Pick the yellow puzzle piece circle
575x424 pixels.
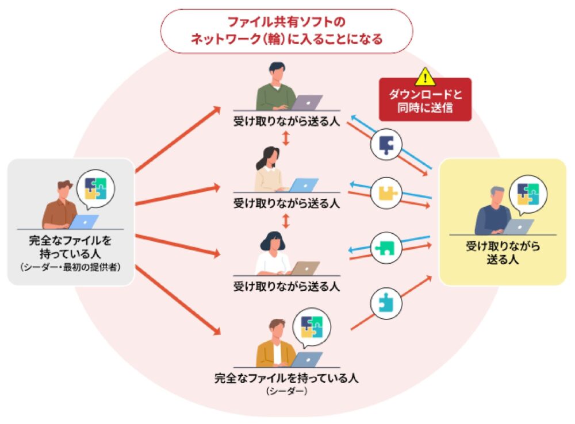386,192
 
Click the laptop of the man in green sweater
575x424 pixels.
307,102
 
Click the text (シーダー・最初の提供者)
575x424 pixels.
70,267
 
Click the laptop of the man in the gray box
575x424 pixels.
84,222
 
